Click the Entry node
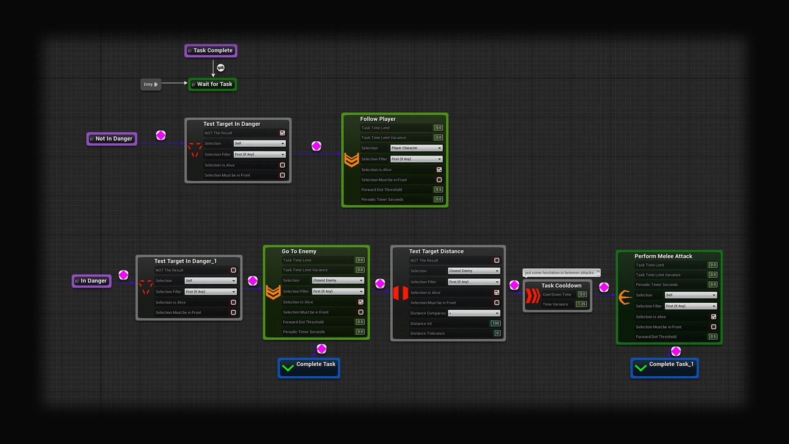pyautogui.click(x=150, y=84)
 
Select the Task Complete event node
pyautogui.click(x=211, y=51)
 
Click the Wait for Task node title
pyautogui.click(x=215, y=84)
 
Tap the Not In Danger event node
pyautogui.click(x=112, y=139)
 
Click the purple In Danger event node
pyautogui.click(x=92, y=281)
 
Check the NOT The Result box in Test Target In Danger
pyautogui.click(x=282, y=133)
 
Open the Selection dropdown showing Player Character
pyautogui.click(x=416, y=148)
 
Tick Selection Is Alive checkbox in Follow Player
pyautogui.click(x=439, y=170)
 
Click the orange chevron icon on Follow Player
pyautogui.click(x=351, y=160)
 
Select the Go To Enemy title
pyautogui.click(x=299, y=252)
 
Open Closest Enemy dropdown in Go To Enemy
pyautogui.click(x=338, y=281)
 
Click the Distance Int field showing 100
pyautogui.click(x=496, y=323)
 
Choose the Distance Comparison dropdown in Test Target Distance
pyautogui.click(x=474, y=313)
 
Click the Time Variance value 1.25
pyautogui.click(x=581, y=304)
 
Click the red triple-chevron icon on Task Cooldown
pyautogui.click(x=532, y=296)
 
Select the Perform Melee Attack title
pyautogui.click(x=663, y=256)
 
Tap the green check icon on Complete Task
pyautogui.click(x=287, y=368)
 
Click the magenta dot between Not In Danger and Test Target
pyautogui.click(x=161, y=136)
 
